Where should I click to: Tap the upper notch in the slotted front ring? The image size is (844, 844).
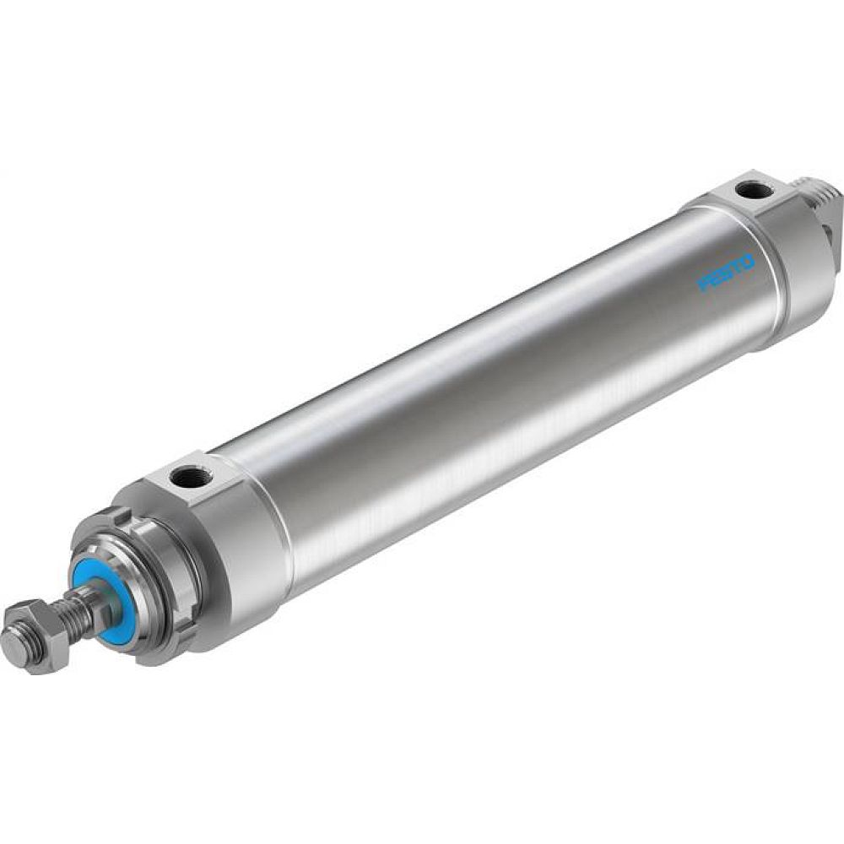tap(125, 515)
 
